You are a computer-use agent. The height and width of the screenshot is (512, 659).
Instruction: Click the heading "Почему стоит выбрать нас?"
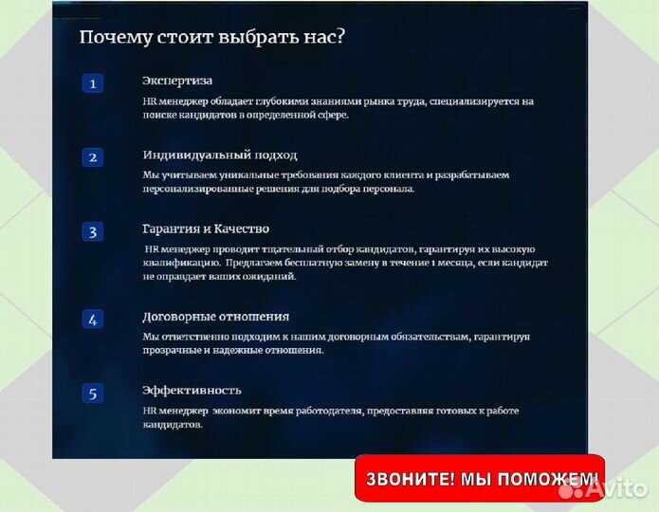coord(211,37)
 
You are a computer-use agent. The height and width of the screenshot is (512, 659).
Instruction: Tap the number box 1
coord(92,84)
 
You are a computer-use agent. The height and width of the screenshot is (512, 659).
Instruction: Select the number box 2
coord(92,157)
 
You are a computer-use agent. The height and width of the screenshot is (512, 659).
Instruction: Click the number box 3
coord(92,231)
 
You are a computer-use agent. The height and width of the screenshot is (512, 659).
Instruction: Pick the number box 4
coord(92,320)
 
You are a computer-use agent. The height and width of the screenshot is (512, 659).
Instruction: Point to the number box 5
coord(92,393)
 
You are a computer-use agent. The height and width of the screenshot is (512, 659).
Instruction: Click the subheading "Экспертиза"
coord(177,82)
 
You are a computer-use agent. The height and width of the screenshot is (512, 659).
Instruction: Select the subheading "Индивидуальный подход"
coord(219,155)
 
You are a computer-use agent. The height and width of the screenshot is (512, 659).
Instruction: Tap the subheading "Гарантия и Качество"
coord(206,229)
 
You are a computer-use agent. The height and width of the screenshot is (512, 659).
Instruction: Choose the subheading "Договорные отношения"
coord(215,317)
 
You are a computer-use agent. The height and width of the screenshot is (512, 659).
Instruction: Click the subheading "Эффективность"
coord(192,390)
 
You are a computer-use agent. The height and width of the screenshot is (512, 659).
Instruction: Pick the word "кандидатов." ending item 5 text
coord(172,426)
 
